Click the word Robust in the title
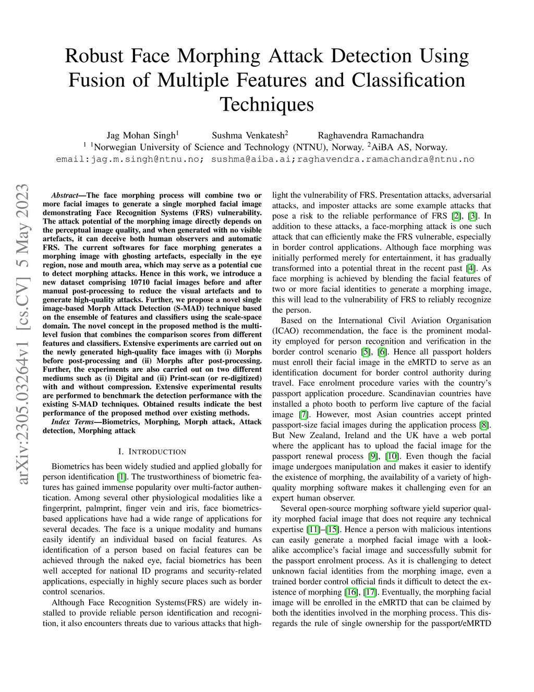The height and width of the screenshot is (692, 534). [x=94, y=56]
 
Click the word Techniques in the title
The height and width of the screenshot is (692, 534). [x=266, y=104]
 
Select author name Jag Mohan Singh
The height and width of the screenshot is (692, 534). [x=141, y=136]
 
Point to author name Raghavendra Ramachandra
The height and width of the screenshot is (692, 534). [x=371, y=136]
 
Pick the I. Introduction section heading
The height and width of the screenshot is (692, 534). [x=152, y=452]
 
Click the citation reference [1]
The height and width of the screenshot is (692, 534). [x=122, y=477]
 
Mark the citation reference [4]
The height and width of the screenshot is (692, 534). [x=471, y=268]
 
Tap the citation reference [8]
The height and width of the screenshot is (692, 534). [x=484, y=425]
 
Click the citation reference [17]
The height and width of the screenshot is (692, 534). [x=370, y=592]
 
